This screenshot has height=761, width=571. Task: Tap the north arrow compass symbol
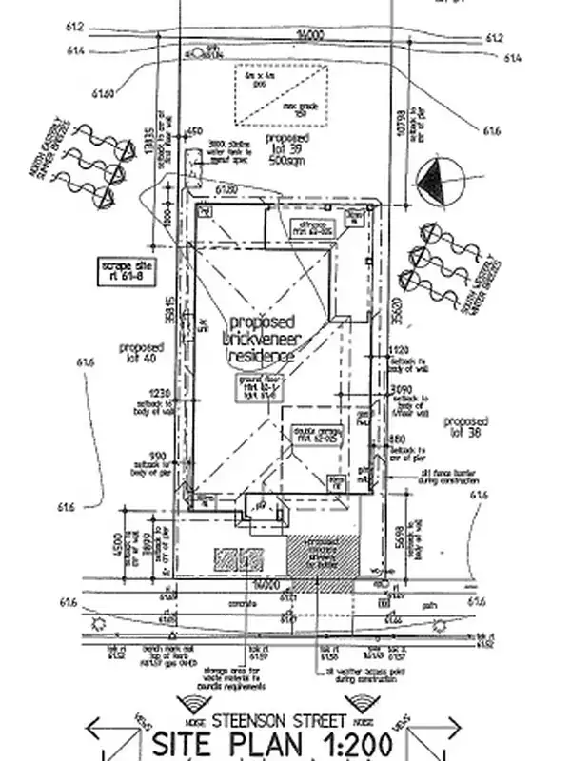(x=439, y=181)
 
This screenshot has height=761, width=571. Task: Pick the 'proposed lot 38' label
(x=466, y=425)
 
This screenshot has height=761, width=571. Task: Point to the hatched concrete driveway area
(x=322, y=560)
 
